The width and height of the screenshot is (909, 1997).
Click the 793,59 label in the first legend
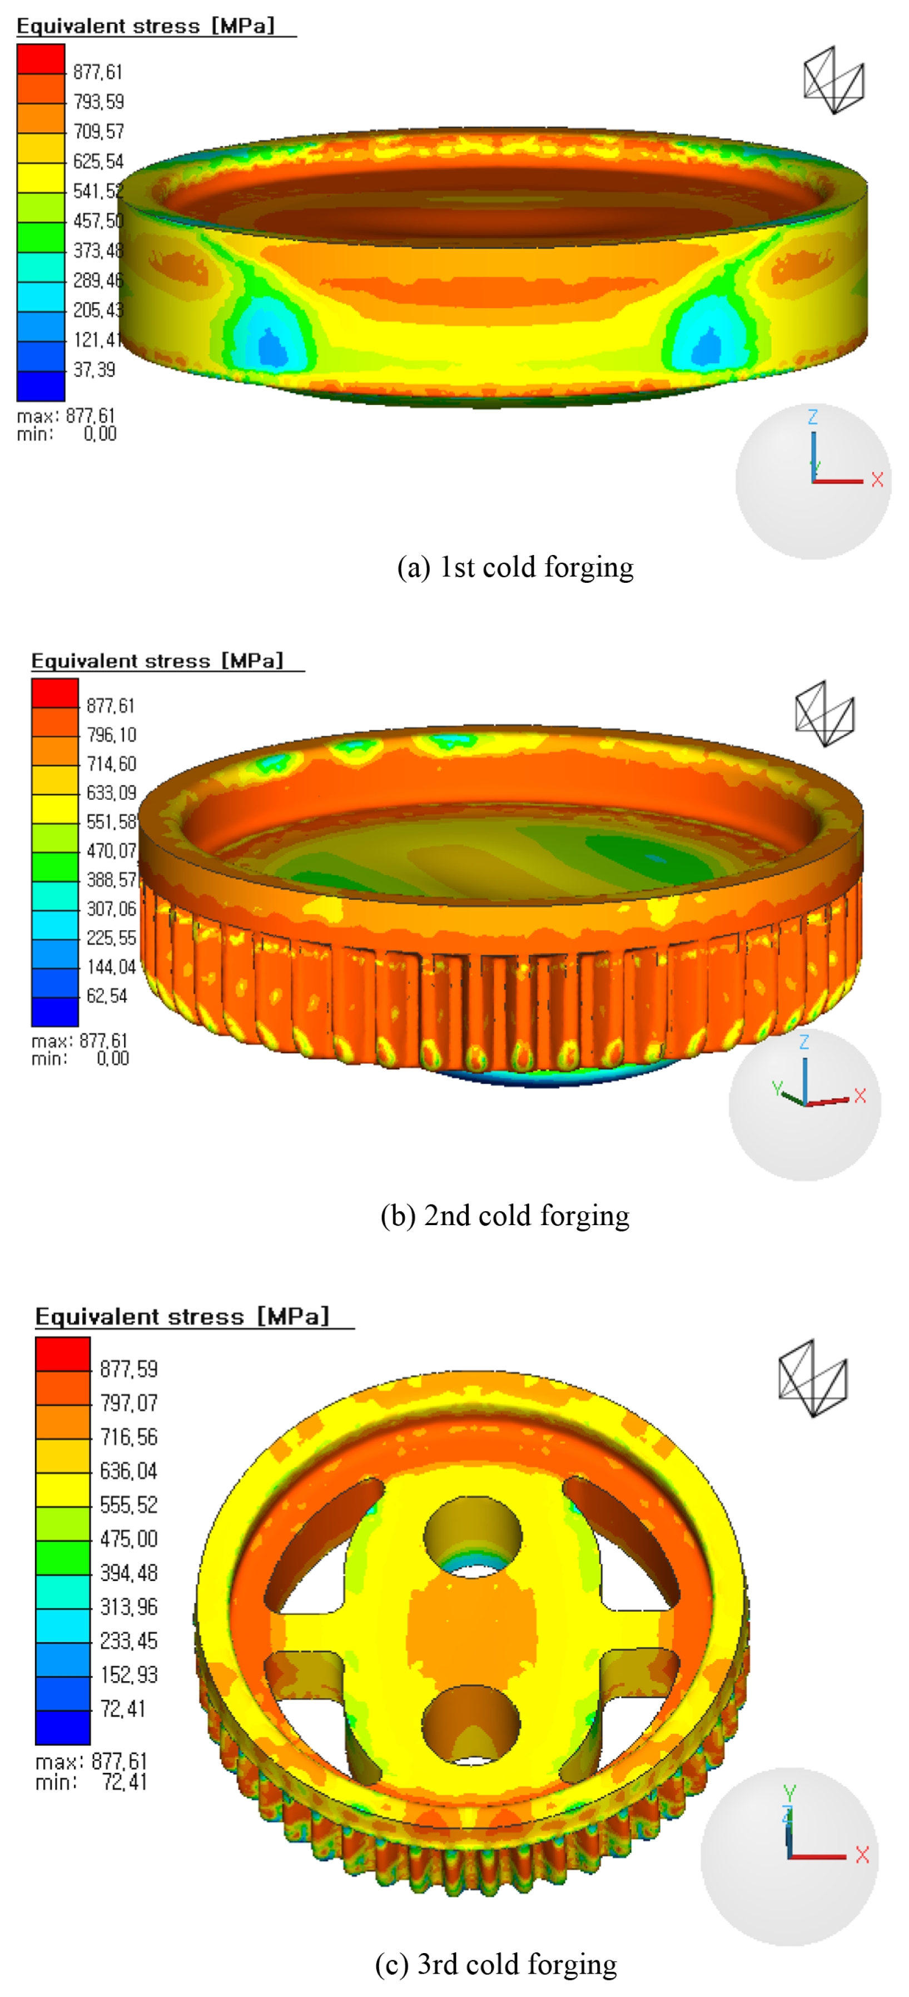click(x=98, y=102)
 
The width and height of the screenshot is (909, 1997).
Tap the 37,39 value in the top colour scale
click(x=94, y=370)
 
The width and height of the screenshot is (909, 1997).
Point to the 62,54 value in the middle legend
click(x=107, y=995)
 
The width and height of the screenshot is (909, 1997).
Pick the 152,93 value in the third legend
click(x=128, y=1674)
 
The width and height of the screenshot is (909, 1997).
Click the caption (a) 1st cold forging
click(x=515, y=567)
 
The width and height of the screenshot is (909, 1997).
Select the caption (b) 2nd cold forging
click(x=505, y=1216)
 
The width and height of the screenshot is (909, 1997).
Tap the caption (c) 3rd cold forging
click(x=496, y=1964)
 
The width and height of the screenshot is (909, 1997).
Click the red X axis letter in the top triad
click(x=877, y=480)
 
